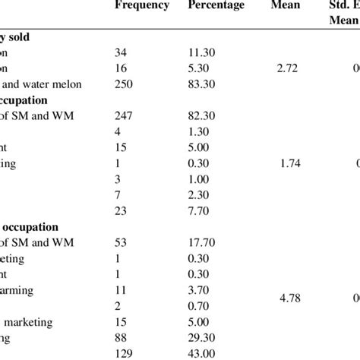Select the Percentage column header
coord(216,7)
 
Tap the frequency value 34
coord(122,53)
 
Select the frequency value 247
coord(125,115)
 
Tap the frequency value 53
coord(122,242)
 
